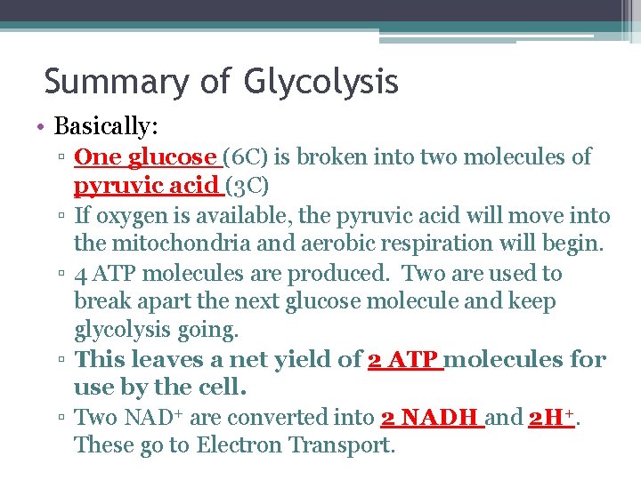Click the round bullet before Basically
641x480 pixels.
[42, 124]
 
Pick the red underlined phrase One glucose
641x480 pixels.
[144, 157]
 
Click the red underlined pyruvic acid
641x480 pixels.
[145, 186]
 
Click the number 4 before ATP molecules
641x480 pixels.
[80, 274]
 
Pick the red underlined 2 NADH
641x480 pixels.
[430, 418]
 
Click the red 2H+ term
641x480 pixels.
[550, 417]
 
